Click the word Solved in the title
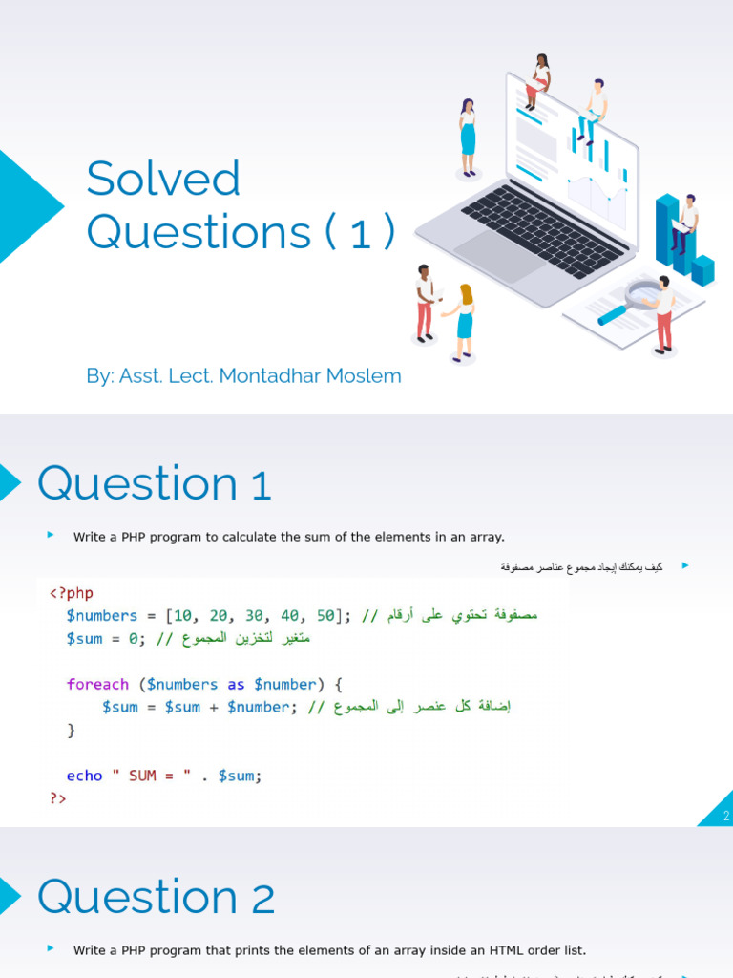[163, 180]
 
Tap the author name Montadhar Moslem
[310, 376]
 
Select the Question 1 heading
[155, 484]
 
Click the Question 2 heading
[157, 898]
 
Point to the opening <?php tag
[72, 593]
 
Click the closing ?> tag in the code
[58, 798]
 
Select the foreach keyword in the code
[97, 684]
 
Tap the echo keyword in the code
[84, 776]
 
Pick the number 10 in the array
[184, 616]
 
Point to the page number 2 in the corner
[725, 816]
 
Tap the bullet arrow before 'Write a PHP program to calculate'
[51, 535]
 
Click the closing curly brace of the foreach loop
[71, 730]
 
